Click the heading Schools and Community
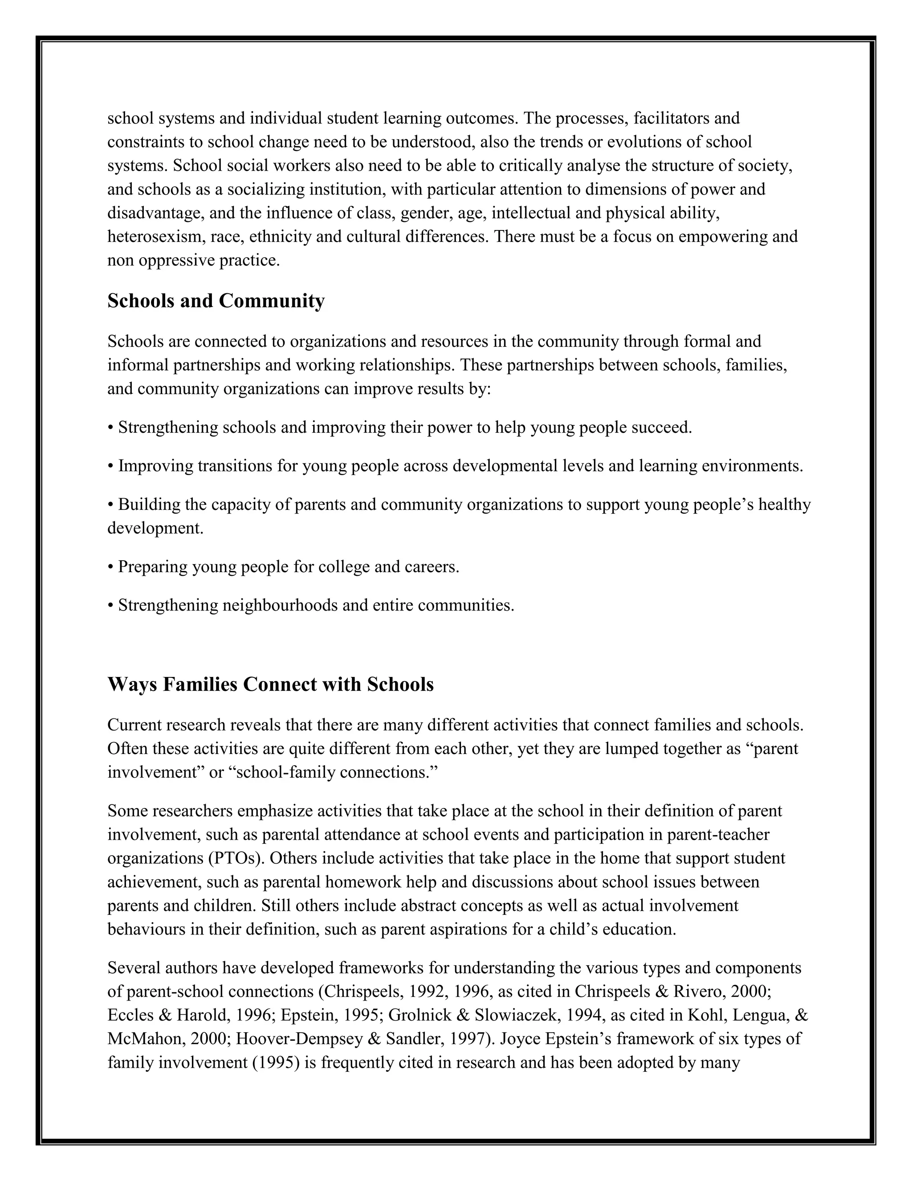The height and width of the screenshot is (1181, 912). coord(216,301)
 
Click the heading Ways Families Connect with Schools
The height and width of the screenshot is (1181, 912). coord(270,685)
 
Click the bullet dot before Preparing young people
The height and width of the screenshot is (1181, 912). coord(110,567)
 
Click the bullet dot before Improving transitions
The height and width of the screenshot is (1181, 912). coord(110,466)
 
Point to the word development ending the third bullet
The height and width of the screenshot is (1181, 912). coord(155,528)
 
